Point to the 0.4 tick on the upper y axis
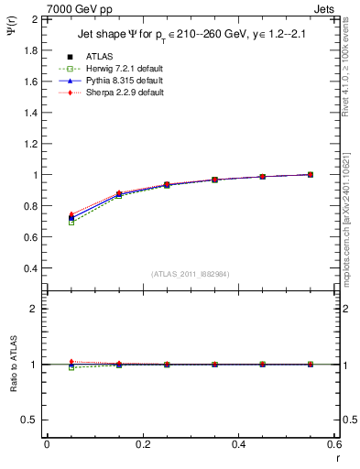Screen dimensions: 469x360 [31, 268]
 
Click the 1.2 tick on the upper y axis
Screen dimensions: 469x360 [31, 144]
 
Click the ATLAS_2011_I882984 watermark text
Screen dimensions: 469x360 [191, 273]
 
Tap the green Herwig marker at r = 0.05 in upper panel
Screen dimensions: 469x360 [71, 223]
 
